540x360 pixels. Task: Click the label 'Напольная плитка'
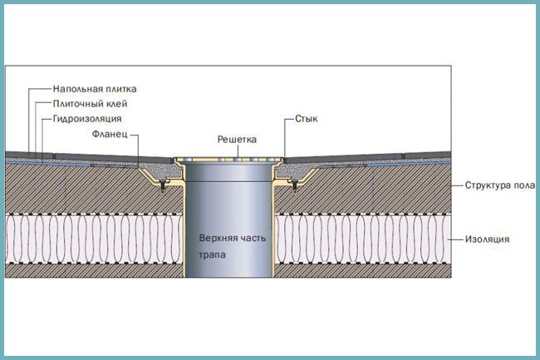coord(95,89)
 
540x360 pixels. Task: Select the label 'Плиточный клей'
coord(91,104)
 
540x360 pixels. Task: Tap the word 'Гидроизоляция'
coord(87,119)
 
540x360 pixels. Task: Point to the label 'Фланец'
coord(110,134)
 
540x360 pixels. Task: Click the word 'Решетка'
coord(237,140)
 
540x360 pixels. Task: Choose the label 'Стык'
coord(307,119)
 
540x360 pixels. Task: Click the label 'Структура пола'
coord(500,185)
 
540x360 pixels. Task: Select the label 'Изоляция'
coord(487,239)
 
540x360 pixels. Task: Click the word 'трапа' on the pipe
coord(213,255)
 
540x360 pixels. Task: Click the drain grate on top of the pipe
coord(228,160)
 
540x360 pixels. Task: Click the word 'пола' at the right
coord(524,185)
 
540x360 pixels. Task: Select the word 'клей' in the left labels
coord(116,104)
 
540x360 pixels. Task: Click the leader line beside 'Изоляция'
coord(455,239)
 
